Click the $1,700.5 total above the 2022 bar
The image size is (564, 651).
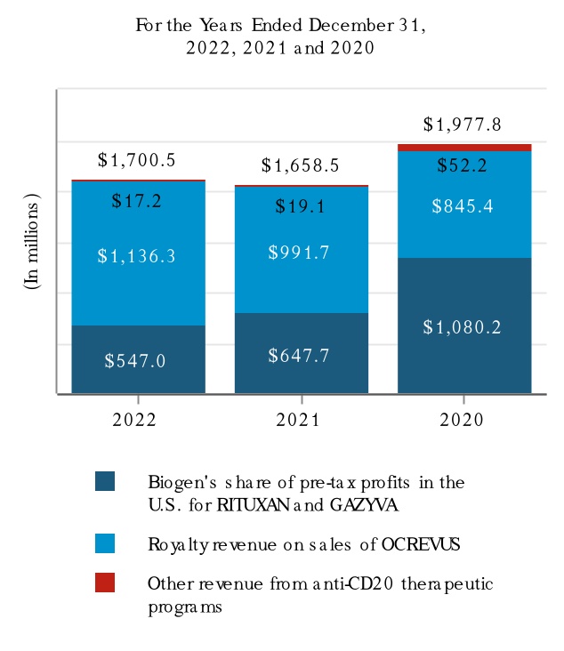tap(136, 161)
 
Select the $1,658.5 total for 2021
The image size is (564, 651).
tap(301, 165)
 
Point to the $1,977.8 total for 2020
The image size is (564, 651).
tap(463, 125)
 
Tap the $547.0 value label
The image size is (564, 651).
tap(135, 361)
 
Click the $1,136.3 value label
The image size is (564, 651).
tap(136, 256)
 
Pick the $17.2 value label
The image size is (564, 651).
tap(136, 202)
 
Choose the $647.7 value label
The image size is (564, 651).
tap(299, 356)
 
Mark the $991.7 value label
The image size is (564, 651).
tap(299, 253)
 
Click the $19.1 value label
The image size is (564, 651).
tap(299, 207)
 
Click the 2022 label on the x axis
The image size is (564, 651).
tap(134, 420)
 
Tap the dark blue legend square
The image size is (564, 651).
tap(105, 481)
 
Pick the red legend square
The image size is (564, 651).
tap(105, 583)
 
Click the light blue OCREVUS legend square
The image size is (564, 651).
tap(105, 543)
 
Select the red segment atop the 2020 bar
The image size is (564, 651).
tap(464, 148)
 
